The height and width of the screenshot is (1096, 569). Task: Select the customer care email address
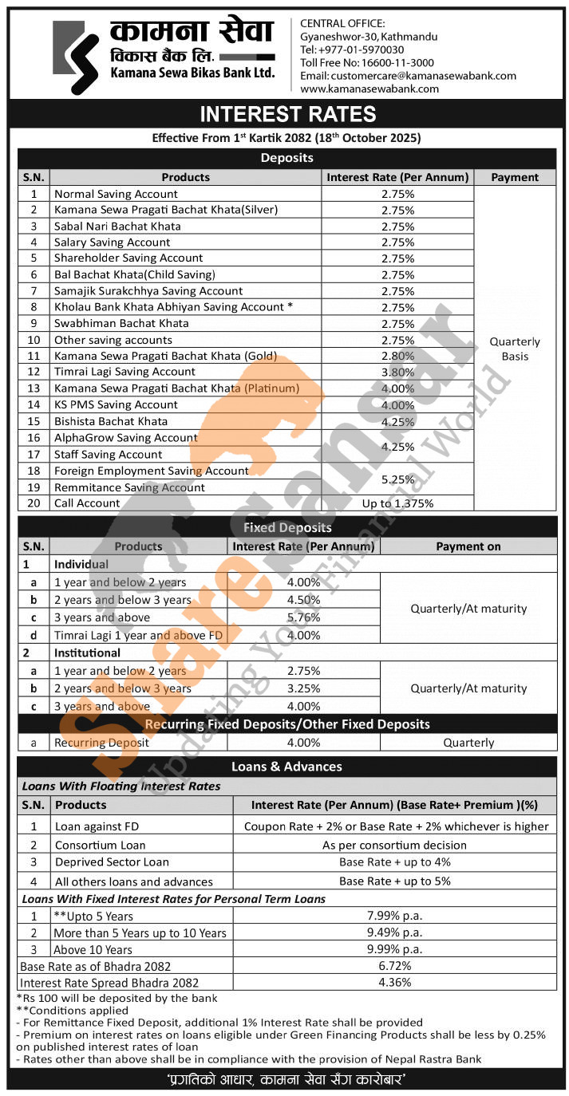[x=434, y=76]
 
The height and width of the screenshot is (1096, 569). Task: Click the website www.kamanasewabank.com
[x=369, y=89]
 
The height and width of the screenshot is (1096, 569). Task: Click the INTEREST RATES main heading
[x=287, y=114]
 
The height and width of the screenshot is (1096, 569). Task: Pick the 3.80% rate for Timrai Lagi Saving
[x=398, y=373]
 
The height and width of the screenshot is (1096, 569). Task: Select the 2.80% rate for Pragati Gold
[x=398, y=357]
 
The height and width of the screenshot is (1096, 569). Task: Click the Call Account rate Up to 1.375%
[x=397, y=503]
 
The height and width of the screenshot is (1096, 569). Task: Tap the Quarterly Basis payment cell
[x=515, y=349]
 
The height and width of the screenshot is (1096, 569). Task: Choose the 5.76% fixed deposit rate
[x=303, y=617]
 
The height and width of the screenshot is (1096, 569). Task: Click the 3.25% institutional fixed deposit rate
[x=303, y=688]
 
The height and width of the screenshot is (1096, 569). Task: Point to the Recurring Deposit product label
[x=101, y=743]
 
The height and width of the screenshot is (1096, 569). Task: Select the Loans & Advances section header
[x=286, y=767]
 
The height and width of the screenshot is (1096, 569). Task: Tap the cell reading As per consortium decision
[x=395, y=845]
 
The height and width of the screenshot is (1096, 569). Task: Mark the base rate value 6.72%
[x=395, y=966]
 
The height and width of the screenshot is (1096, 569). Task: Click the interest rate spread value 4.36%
[x=395, y=983]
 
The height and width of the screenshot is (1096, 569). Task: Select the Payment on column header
[x=468, y=546]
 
